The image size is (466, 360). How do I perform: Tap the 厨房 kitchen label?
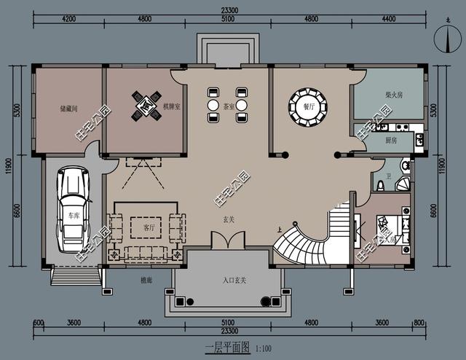(390, 141)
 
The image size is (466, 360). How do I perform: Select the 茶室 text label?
(229, 106)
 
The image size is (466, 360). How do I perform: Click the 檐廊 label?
(146, 280)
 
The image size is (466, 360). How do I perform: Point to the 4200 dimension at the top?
(69, 19)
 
